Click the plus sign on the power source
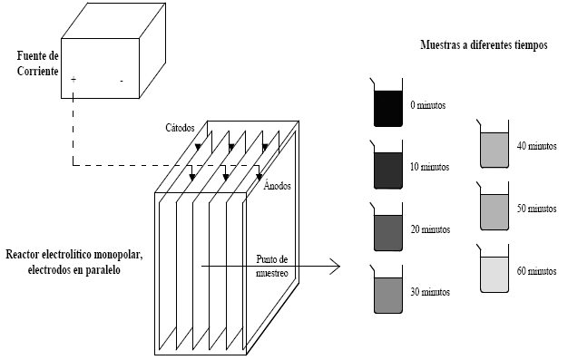[73, 79]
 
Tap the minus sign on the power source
[122, 81]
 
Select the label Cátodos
[180, 128]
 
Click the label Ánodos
[277, 185]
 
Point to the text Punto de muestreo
[272, 267]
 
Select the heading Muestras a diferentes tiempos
[484, 45]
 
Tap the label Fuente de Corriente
[38, 63]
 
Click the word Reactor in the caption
[23, 254]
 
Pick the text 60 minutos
[536, 271]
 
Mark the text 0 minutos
[427, 105]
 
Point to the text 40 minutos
[536, 146]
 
